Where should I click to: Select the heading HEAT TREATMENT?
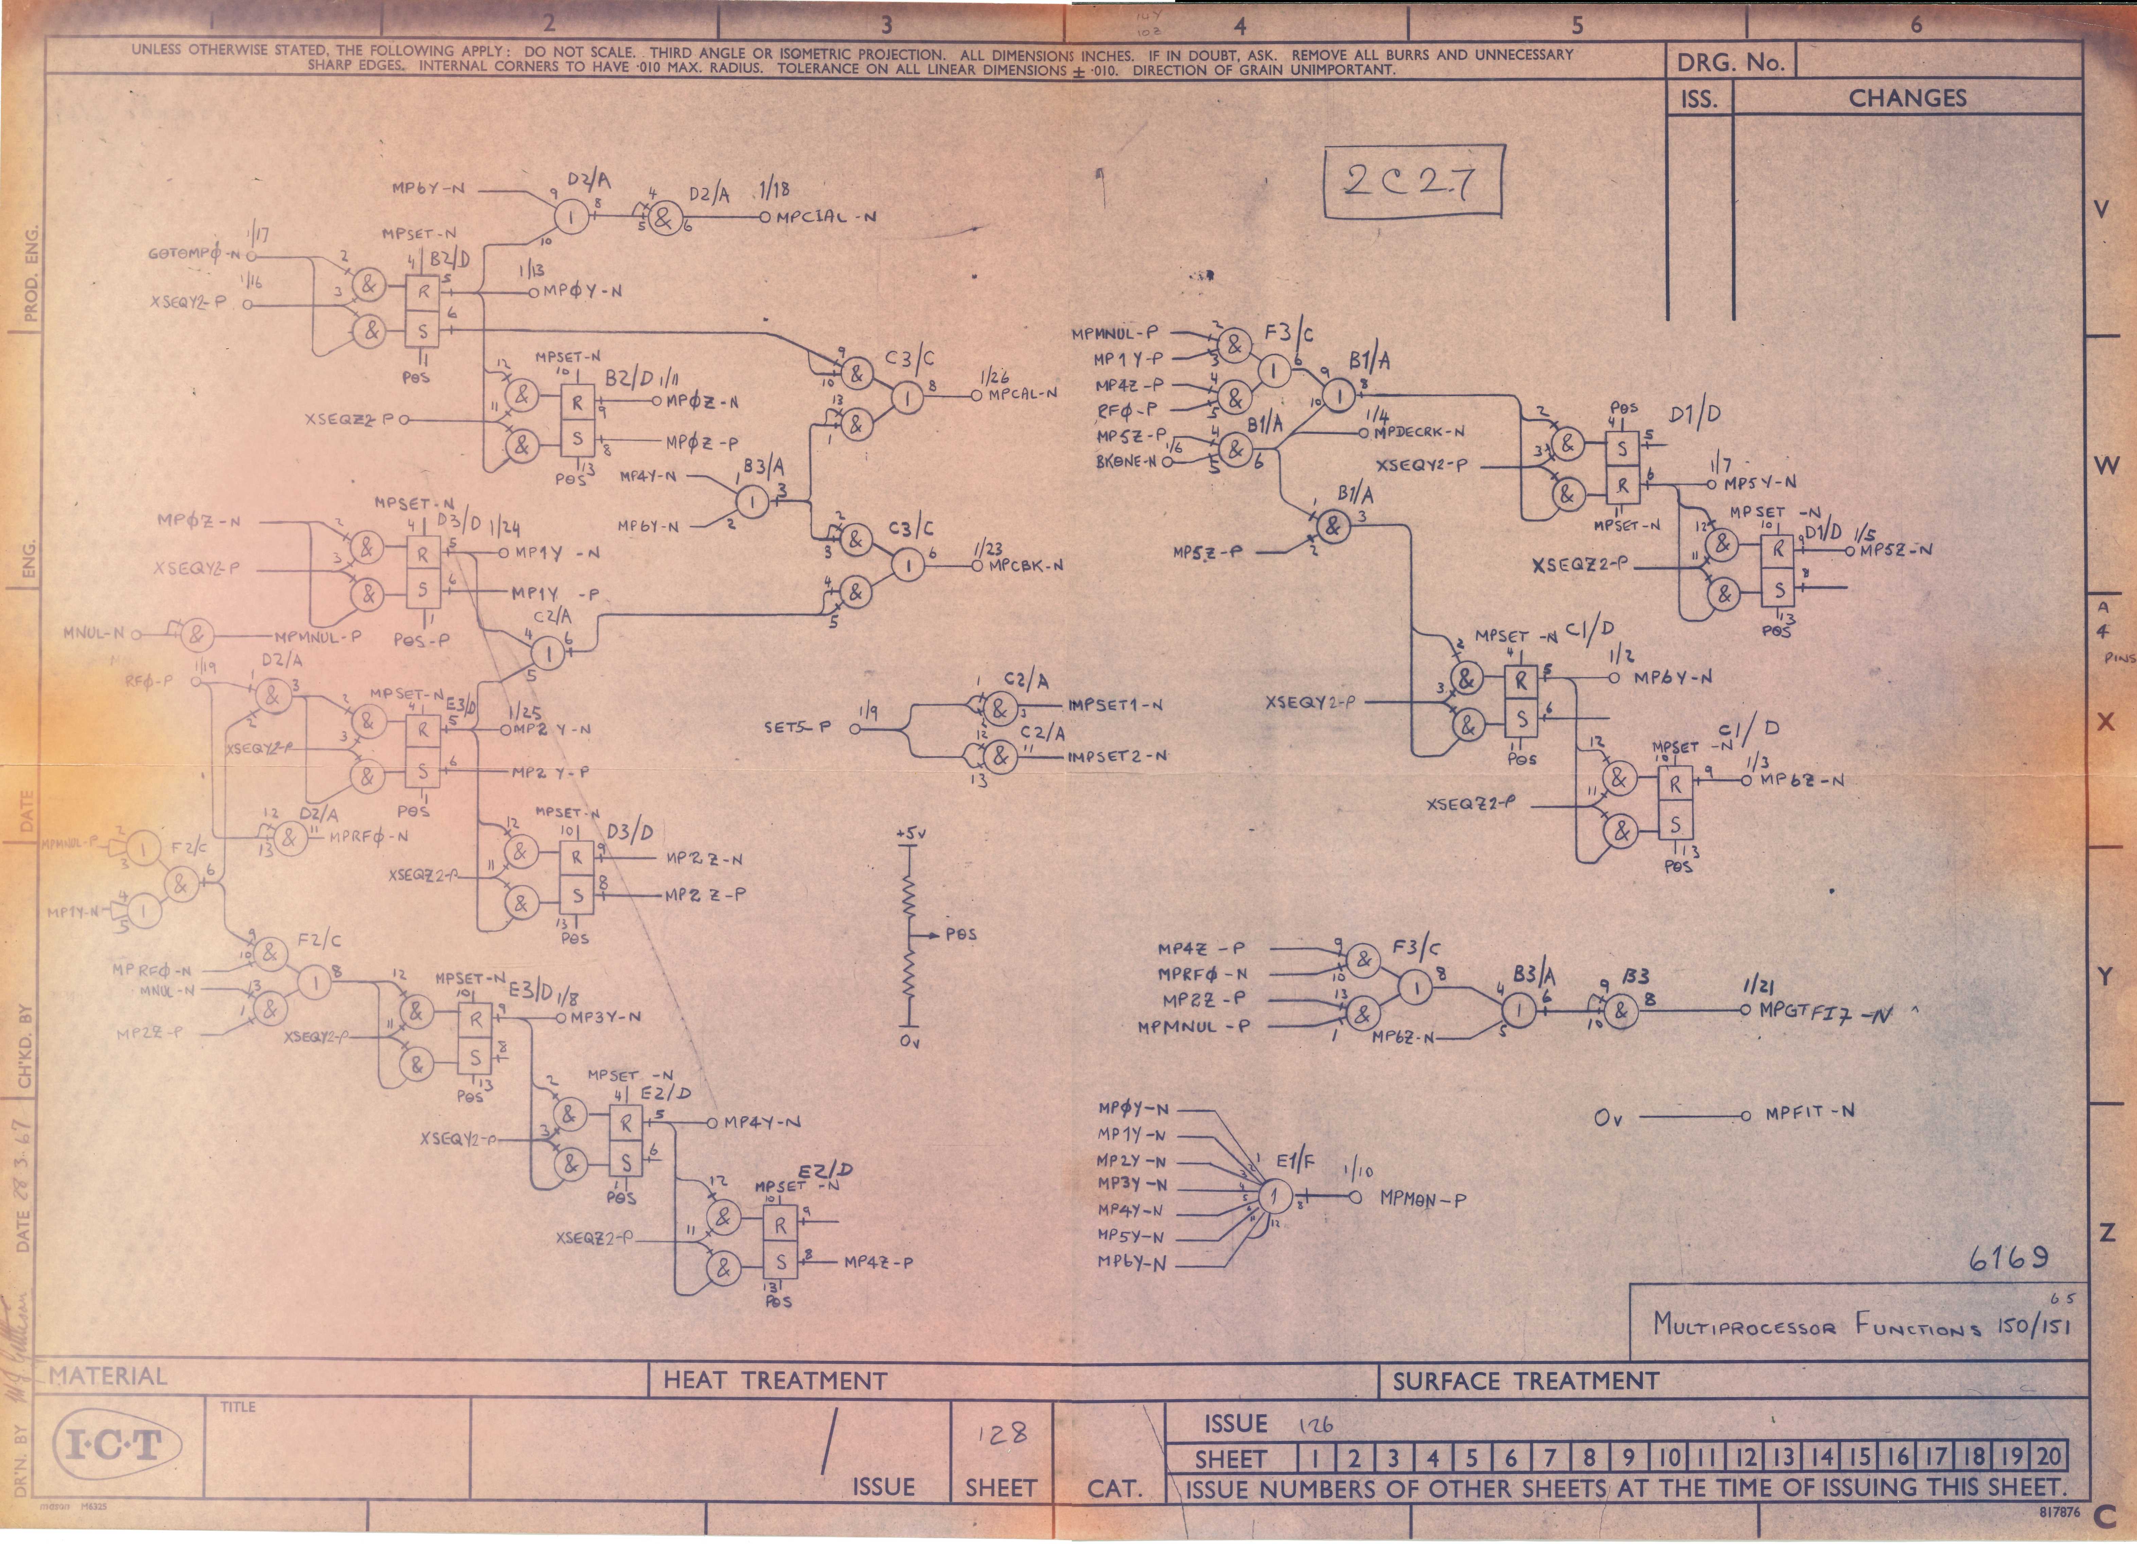pos(775,1382)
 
